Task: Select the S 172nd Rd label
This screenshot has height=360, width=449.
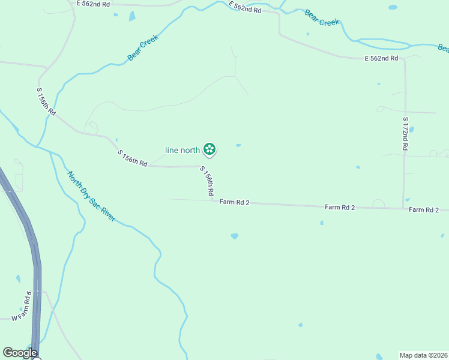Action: (x=405, y=133)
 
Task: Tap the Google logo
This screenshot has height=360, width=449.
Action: (x=19, y=353)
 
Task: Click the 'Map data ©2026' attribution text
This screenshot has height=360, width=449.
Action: (x=423, y=355)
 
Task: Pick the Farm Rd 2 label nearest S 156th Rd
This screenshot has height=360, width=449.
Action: (x=234, y=203)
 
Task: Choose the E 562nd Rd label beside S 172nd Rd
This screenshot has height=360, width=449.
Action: (x=381, y=58)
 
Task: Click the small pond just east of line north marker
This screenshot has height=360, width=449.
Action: (x=239, y=145)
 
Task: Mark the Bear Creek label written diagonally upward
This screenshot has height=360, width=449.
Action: (x=143, y=48)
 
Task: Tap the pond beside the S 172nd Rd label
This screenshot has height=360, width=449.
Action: (x=412, y=129)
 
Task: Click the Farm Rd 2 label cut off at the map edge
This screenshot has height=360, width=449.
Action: (x=428, y=209)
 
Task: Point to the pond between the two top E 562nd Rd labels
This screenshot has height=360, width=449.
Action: (x=131, y=16)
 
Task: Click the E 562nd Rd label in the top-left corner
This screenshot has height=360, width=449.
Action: (x=93, y=4)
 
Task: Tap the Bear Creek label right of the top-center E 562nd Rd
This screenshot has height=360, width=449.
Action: (x=322, y=18)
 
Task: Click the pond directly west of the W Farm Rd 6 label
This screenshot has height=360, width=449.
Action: (x=18, y=279)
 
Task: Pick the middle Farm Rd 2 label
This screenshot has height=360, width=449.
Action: (x=340, y=207)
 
